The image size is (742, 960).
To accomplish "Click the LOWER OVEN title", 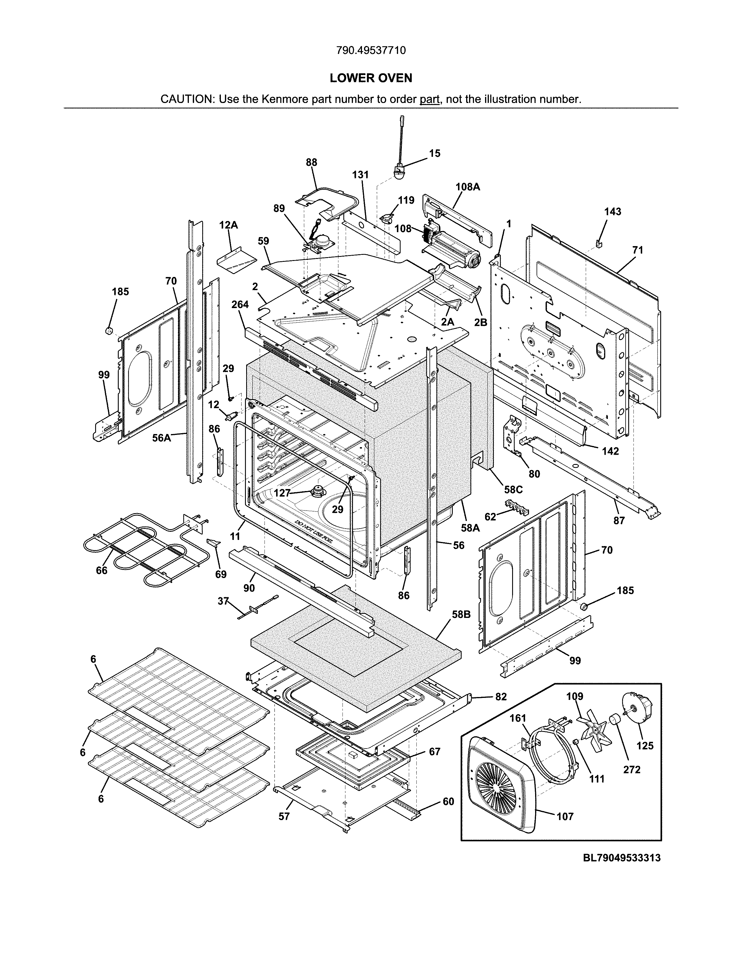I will click(x=371, y=78).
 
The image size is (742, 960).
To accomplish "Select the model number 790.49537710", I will click(x=371, y=51).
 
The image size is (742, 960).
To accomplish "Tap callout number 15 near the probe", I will click(x=434, y=153).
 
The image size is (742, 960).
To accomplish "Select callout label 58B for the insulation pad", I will click(x=461, y=614).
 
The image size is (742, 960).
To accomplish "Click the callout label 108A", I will click(x=467, y=187).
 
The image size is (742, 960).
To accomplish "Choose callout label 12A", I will click(x=229, y=225).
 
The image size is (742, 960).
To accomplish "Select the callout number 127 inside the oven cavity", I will click(x=282, y=493).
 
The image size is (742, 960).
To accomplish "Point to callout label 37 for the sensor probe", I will click(x=223, y=600).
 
